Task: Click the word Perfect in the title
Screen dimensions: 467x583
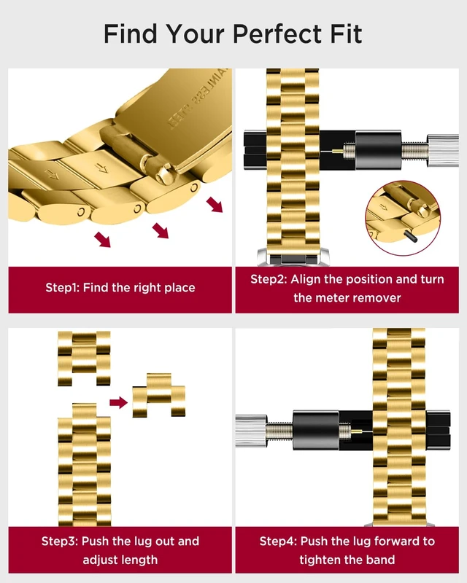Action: (x=277, y=34)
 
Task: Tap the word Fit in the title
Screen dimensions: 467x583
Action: (x=346, y=34)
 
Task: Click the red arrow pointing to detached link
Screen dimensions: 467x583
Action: (x=118, y=402)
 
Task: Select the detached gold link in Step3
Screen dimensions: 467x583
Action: (x=158, y=395)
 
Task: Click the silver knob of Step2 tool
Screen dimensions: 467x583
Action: (x=443, y=150)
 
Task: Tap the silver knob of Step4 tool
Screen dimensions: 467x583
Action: (x=251, y=431)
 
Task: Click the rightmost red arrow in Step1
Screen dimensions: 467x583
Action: (x=215, y=205)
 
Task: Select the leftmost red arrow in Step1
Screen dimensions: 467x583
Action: (x=102, y=240)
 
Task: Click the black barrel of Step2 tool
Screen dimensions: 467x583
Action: (x=378, y=150)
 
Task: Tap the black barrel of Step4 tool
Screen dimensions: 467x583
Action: (x=316, y=430)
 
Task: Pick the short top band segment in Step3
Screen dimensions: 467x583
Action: (x=84, y=359)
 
